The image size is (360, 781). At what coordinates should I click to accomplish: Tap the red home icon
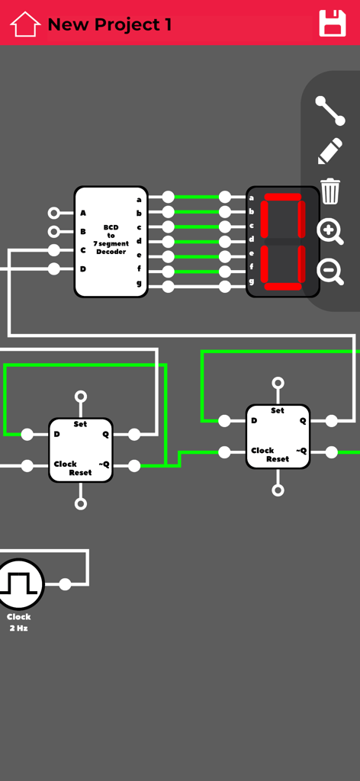(24, 24)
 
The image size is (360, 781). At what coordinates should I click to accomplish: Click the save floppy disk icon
(333, 24)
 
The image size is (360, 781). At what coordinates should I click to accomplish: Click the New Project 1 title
(109, 24)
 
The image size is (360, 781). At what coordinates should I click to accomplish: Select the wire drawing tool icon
(330, 111)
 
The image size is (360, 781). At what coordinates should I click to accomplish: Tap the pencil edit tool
(330, 151)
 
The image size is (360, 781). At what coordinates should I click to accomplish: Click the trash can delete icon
(330, 191)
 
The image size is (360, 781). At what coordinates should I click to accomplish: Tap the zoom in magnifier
(329, 231)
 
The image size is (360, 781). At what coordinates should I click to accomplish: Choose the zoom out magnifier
(329, 271)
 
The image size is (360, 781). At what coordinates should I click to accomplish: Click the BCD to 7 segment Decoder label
(111, 239)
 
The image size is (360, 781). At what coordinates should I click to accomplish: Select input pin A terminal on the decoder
(53, 213)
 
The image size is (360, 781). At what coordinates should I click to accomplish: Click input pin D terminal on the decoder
(53, 268)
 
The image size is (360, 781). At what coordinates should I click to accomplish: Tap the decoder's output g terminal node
(168, 287)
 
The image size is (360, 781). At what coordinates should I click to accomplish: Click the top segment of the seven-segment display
(282, 198)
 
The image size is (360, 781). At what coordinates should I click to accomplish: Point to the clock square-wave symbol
(20, 584)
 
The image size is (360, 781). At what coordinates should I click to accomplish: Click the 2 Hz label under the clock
(18, 628)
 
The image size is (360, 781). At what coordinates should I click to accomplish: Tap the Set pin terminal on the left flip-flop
(81, 397)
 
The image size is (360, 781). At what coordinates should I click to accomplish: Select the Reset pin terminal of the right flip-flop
(278, 490)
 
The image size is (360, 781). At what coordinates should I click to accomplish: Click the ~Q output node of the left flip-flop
(134, 465)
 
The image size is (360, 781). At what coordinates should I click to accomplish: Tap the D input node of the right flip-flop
(224, 421)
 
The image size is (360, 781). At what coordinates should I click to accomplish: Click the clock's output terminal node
(65, 584)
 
